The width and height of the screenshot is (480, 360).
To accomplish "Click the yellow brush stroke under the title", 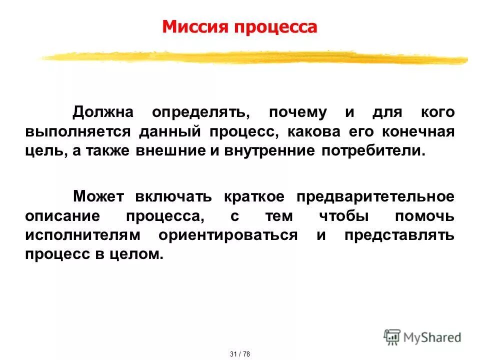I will point(250,58).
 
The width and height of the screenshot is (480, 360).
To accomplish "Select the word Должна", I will point(103,112).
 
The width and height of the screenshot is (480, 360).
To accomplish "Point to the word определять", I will point(201,112).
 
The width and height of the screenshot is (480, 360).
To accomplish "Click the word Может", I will point(99,196).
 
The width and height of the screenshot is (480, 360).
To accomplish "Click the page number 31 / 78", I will point(240,354).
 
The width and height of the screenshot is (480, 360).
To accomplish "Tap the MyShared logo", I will point(422,337).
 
